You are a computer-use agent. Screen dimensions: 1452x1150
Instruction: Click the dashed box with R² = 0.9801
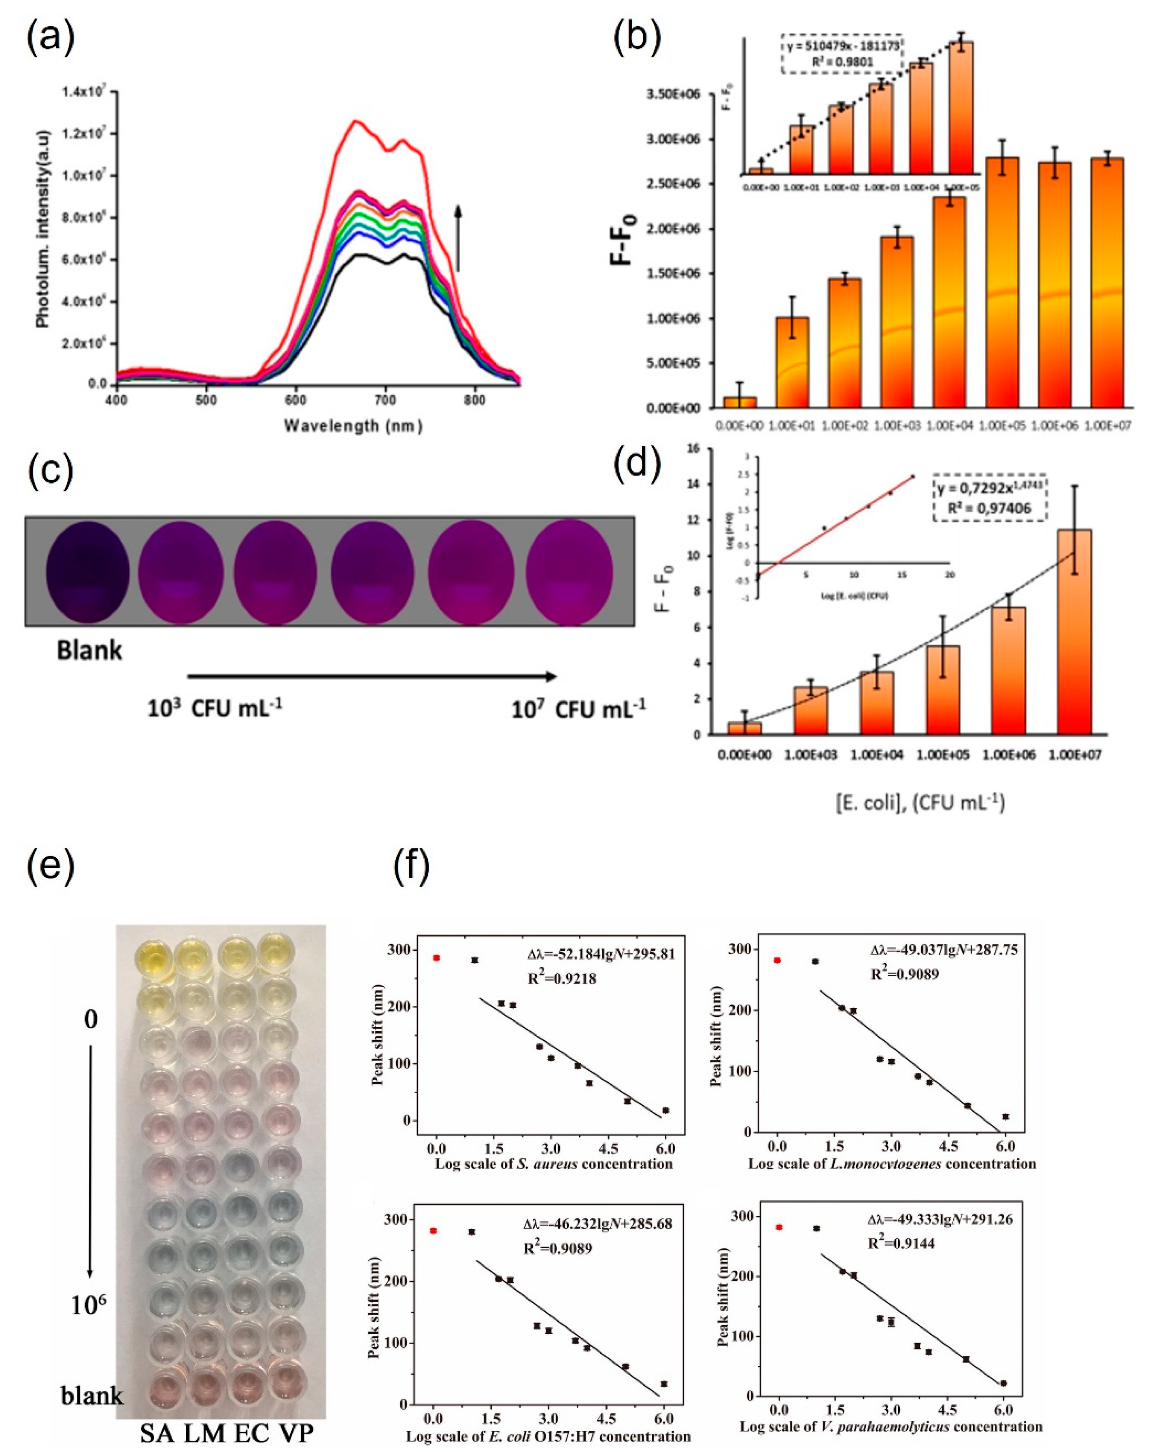pos(842,53)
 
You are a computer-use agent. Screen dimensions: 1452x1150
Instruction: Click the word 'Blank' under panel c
pos(89,651)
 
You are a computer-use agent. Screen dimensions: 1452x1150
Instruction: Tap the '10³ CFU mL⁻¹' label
pos(214,708)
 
